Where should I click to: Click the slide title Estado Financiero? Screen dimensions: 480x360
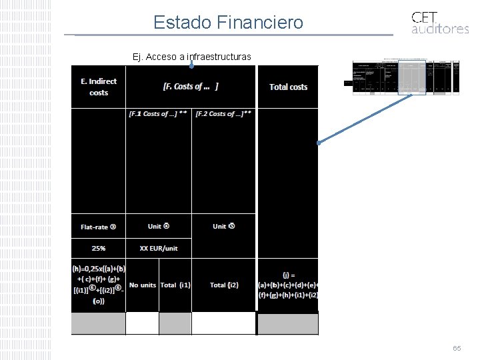(x=228, y=23)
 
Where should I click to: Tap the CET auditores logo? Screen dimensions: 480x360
(x=439, y=22)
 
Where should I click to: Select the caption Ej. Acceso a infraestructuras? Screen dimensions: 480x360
(x=192, y=57)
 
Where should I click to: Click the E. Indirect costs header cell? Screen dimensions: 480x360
(x=99, y=87)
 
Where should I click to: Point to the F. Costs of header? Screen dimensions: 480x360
(x=191, y=87)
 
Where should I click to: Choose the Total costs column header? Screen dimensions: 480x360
(x=288, y=87)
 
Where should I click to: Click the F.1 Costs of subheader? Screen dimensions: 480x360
(x=158, y=114)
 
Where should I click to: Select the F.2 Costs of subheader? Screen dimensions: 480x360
(x=223, y=114)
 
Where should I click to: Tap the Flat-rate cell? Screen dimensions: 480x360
(x=99, y=227)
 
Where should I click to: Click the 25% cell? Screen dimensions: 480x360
(x=99, y=248)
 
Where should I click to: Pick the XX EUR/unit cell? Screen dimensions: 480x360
(x=159, y=248)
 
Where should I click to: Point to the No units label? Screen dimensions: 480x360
(x=143, y=285)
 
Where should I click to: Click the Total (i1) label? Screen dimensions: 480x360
(x=175, y=285)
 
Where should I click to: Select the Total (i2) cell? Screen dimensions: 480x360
(x=223, y=285)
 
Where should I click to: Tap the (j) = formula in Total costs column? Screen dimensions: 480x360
(x=288, y=285)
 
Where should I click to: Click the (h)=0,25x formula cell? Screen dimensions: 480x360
(x=98, y=285)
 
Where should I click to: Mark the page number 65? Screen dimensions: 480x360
(x=457, y=349)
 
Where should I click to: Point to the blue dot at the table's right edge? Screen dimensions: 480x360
(x=319, y=142)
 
